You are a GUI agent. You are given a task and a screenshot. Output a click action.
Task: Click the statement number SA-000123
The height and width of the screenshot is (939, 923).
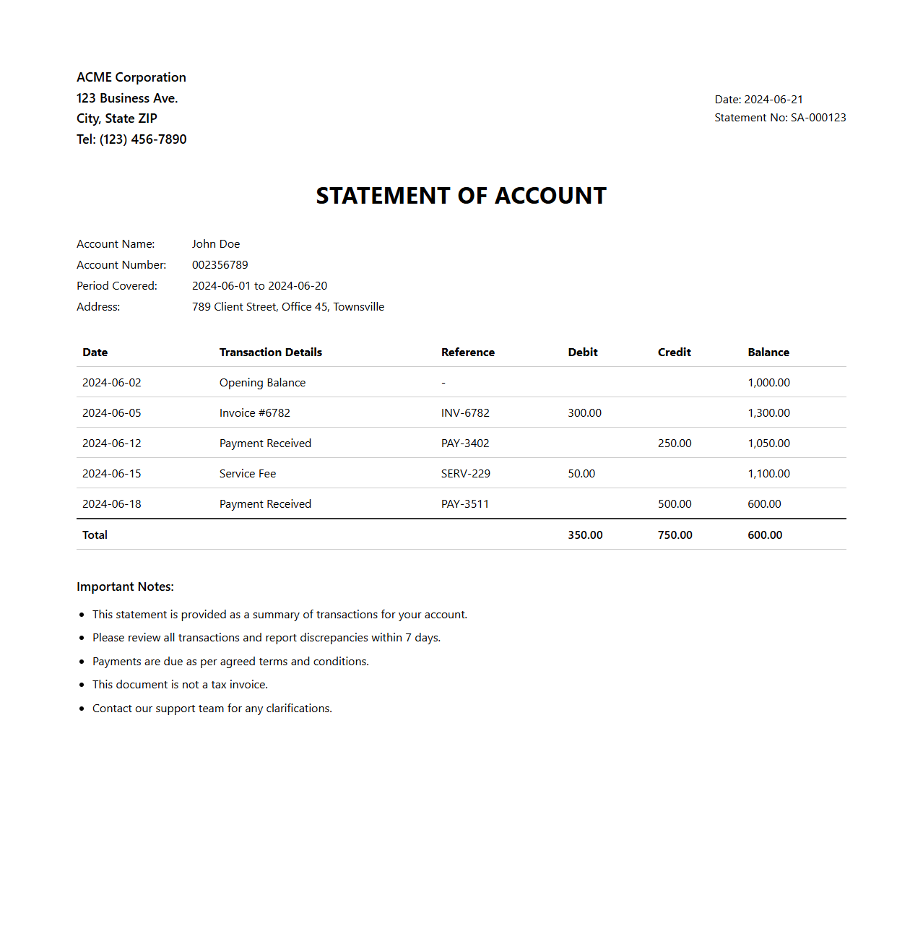(x=818, y=118)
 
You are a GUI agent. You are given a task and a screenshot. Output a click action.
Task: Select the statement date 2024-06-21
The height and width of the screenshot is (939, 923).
(x=773, y=100)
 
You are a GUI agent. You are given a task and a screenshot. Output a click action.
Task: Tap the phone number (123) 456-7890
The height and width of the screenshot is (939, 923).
(x=143, y=139)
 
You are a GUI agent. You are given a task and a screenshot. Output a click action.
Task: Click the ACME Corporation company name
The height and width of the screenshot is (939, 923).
(x=131, y=77)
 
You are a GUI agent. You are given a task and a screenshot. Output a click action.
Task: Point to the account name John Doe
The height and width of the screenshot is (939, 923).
(x=216, y=244)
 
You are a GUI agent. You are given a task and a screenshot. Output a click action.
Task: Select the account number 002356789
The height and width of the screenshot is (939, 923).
(x=220, y=265)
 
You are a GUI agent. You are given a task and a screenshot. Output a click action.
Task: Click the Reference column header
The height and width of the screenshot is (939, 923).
(x=468, y=352)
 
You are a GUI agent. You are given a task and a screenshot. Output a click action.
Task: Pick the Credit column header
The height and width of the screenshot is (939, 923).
(x=675, y=352)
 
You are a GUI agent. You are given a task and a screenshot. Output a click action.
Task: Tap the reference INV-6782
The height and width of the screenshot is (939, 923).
(x=465, y=413)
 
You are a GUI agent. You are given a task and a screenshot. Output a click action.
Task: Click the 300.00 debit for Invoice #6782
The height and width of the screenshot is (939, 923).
(x=584, y=413)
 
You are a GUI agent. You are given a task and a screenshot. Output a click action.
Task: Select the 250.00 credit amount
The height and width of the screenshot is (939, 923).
(x=675, y=443)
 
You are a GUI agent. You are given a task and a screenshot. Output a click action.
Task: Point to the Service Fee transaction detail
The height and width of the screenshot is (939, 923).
(x=248, y=474)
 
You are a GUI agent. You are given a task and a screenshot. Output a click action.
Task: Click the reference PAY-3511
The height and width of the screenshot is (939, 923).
(x=465, y=504)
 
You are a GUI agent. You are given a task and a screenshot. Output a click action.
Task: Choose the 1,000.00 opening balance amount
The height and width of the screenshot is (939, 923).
(x=768, y=383)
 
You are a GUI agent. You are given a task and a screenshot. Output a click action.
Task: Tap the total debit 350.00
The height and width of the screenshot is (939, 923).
(x=585, y=535)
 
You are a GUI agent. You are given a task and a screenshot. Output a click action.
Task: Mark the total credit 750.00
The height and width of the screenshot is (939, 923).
(x=675, y=535)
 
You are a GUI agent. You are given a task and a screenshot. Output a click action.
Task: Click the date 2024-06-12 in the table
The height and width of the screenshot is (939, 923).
(x=112, y=443)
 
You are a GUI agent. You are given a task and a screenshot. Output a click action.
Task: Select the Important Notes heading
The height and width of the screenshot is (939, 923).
(x=125, y=587)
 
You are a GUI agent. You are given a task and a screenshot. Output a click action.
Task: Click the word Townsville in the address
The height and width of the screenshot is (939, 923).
(x=359, y=307)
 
